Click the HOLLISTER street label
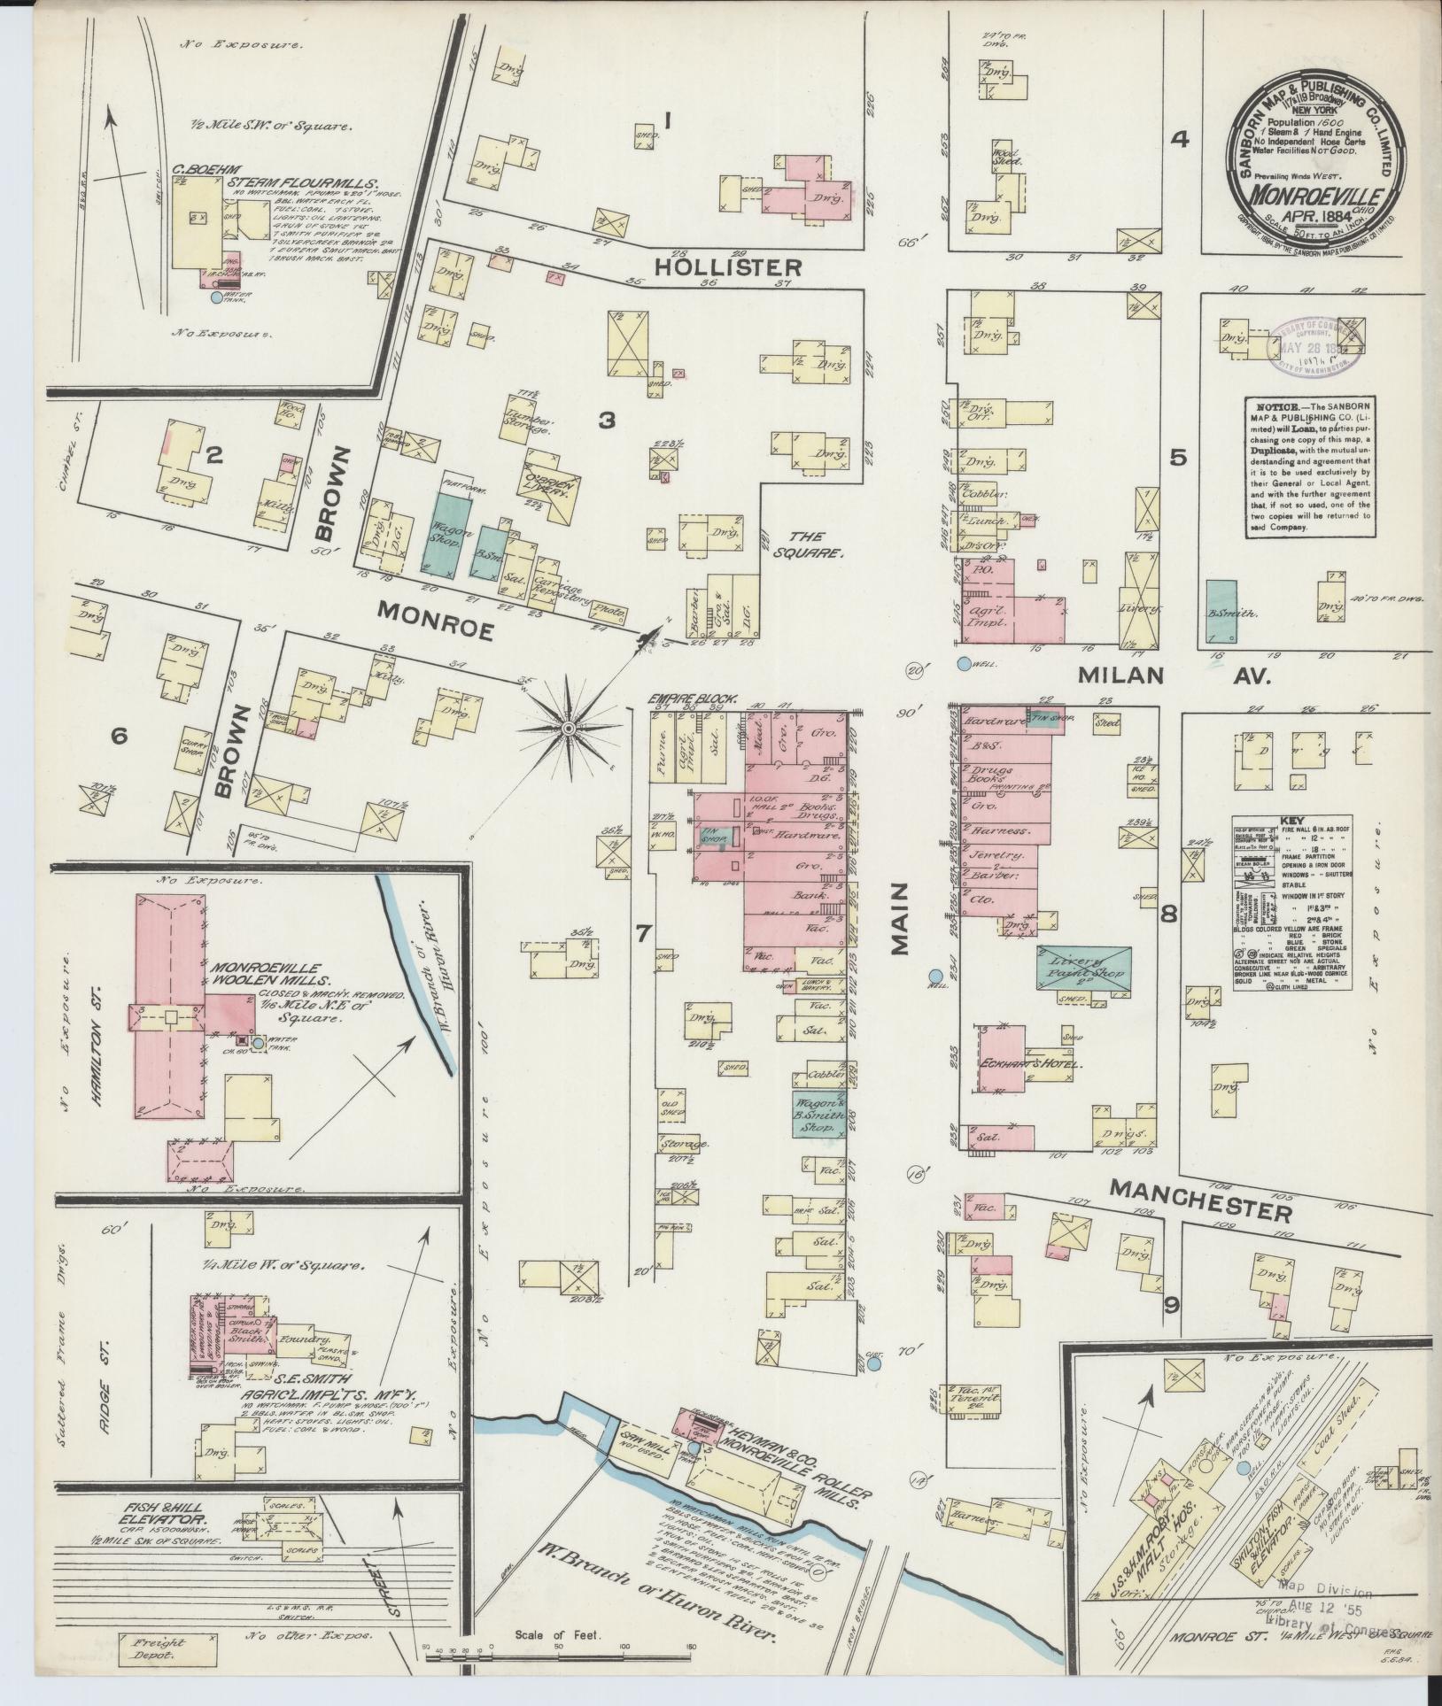click(728, 266)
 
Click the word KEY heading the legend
click(1294, 821)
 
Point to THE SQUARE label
click(811, 544)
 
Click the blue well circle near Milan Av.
click(964, 663)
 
